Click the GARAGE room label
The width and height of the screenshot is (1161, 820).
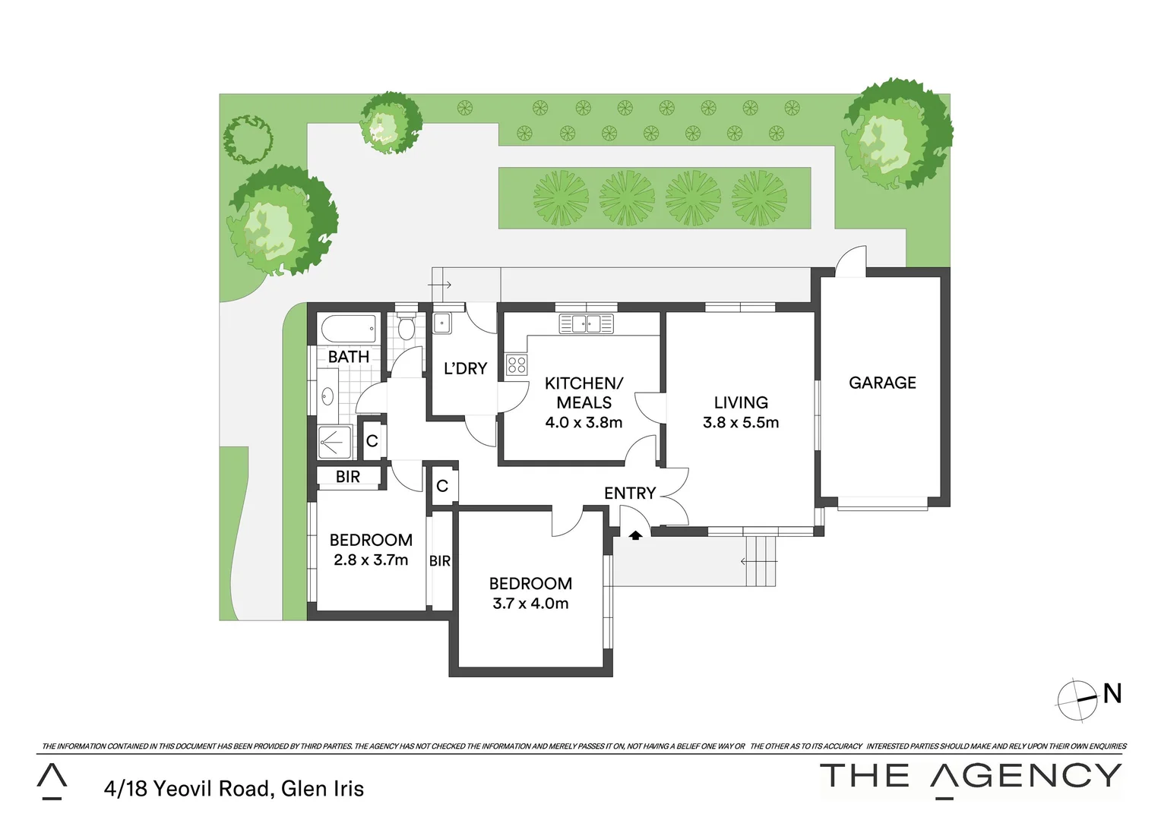pos(882,383)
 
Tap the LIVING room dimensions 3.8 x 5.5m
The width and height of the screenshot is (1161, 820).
pos(741,423)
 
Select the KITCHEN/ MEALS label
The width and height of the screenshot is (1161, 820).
pos(584,393)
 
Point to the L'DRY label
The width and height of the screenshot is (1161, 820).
pos(465,369)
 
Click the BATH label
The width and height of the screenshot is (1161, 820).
pos(348,357)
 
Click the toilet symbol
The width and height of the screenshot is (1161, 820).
pos(407,326)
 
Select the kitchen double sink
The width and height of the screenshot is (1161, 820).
pos(586,324)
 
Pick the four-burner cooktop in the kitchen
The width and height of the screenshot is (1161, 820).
pos(517,364)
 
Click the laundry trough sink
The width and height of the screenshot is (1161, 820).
pos(442,323)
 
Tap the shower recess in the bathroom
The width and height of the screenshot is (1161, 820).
pos(334,442)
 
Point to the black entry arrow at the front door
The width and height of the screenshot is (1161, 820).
pos(635,535)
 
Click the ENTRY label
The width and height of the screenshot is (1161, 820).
pos(629,494)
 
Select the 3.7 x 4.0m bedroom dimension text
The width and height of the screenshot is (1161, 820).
pos(530,604)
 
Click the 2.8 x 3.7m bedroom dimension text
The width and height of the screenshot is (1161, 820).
pos(371,560)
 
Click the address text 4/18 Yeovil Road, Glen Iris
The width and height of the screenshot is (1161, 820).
pos(234,789)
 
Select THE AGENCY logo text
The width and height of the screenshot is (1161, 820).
pos(970,776)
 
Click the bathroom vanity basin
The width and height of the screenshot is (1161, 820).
pos(327,396)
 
